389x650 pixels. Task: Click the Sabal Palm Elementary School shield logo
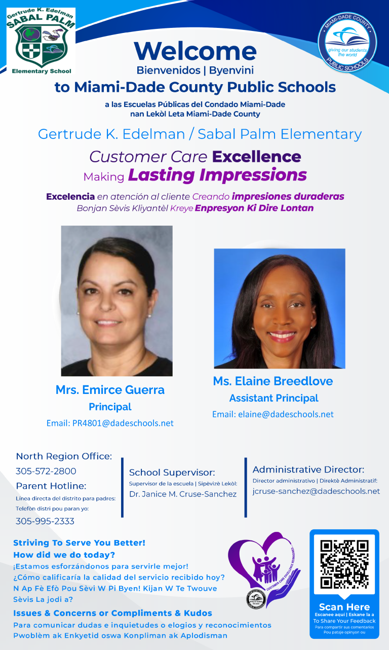tap(41, 41)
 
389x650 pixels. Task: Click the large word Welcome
tap(196, 51)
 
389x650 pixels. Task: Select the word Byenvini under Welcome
tap(231, 70)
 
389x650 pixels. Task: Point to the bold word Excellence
tap(256, 157)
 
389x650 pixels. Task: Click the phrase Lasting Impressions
tap(217, 175)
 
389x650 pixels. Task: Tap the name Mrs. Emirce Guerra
tap(110, 390)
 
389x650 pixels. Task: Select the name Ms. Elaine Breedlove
tap(273, 381)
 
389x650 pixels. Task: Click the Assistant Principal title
tap(274, 398)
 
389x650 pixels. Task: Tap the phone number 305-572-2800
tap(46, 471)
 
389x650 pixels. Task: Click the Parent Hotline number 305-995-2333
tap(45, 521)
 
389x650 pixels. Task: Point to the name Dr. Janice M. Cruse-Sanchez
tap(183, 494)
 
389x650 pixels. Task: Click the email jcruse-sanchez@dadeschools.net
tap(316, 491)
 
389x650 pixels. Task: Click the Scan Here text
tap(344, 607)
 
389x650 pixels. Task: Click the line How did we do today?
tap(64, 555)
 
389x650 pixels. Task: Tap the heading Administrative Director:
tap(308, 470)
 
